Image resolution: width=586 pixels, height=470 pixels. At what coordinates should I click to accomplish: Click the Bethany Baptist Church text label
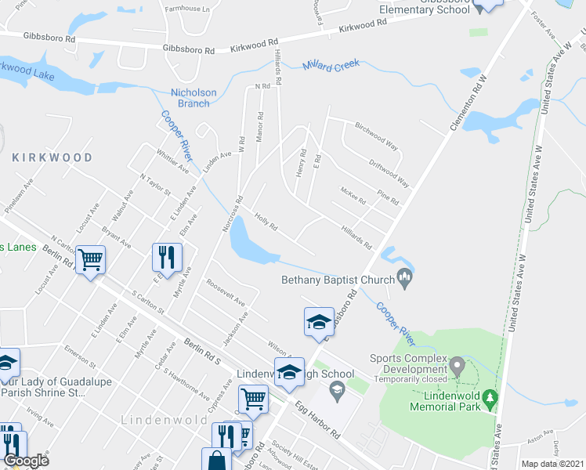click(338, 280)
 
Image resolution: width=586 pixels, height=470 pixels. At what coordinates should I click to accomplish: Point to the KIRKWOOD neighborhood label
click(52, 157)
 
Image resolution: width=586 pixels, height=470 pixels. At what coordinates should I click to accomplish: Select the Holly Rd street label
click(266, 222)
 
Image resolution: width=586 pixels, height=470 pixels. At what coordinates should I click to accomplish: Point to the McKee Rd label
click(353, 195)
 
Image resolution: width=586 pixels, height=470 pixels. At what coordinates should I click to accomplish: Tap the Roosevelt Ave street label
click(226, 292)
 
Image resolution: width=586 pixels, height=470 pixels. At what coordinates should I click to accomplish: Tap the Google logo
click(26, 461)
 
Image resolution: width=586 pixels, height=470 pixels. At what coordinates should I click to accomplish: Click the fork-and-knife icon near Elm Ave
click(168, 256)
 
